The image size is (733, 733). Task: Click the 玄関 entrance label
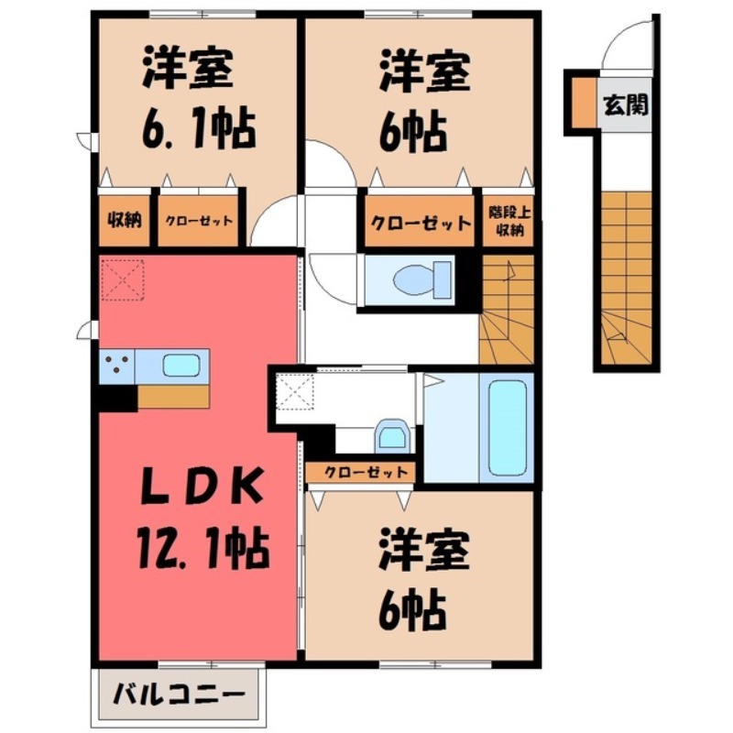click(626, 104)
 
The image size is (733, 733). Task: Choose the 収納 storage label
click(124, 221)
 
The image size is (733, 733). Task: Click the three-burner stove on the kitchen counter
click(117, 366)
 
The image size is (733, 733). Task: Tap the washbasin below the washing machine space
click(391, 435)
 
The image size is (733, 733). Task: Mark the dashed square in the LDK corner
click(123, 279)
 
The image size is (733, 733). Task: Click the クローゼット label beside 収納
click(199, 221)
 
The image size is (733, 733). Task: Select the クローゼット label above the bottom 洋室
click(362, 471)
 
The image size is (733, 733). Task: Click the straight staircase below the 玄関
click(628, 275)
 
